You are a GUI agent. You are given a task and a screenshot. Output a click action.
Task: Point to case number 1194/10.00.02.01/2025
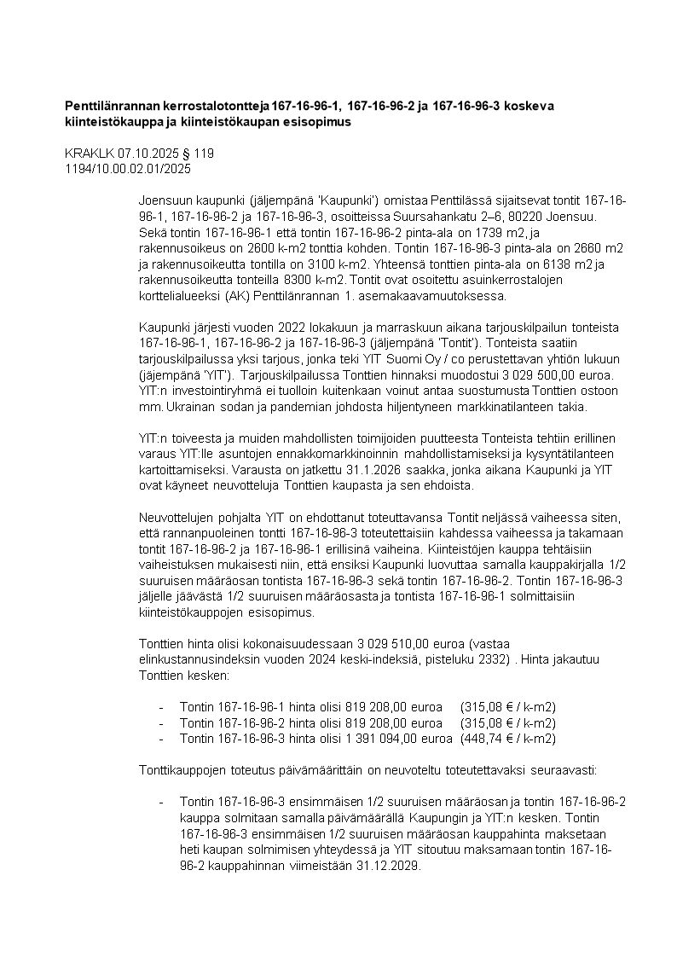[128, 169]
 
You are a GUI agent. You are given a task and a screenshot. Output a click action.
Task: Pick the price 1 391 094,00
[384, 739]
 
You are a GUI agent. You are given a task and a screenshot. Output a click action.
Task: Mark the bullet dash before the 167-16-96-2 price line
[161, 723]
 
